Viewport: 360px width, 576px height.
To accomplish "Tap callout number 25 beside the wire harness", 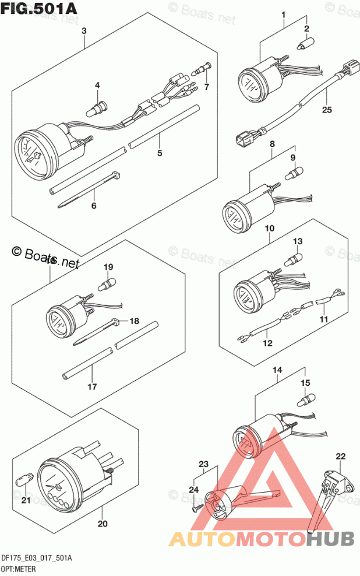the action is pos(326,109).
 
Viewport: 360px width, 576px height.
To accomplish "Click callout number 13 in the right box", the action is pos(298,241).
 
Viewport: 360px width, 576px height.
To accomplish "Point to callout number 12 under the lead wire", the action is pos(267,343).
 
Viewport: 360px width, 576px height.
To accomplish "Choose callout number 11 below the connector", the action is pos(323,320).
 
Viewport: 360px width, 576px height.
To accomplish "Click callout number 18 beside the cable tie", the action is pos(135,321).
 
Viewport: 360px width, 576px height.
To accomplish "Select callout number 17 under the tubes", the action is pos(91,386).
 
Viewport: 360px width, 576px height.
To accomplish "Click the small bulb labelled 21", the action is pos(23,481).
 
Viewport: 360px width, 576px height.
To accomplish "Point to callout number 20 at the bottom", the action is pos(103,524).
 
